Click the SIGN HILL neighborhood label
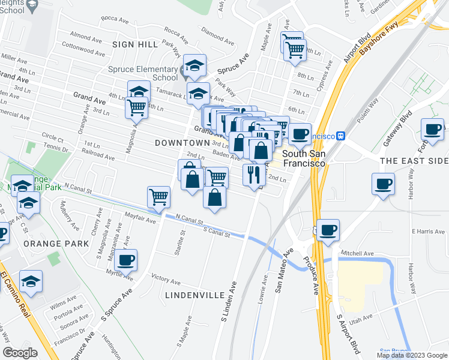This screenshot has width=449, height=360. pos(134,44)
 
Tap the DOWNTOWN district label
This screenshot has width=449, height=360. pos(181,143)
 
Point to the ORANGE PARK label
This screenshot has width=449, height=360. pos(56,244)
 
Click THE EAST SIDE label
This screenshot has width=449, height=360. pos(414,161)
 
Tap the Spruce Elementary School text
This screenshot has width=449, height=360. pos(143,73)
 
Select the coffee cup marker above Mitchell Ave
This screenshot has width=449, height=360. pos(327,230)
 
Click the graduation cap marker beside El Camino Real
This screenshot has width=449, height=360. pos(31,281)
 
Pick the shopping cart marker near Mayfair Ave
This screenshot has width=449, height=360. pos(158,197)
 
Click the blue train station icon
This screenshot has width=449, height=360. pos(342,136)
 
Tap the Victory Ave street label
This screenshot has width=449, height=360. pos(166,280)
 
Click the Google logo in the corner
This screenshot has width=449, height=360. pos(20,352)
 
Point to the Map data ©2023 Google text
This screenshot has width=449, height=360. pos(411,355)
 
